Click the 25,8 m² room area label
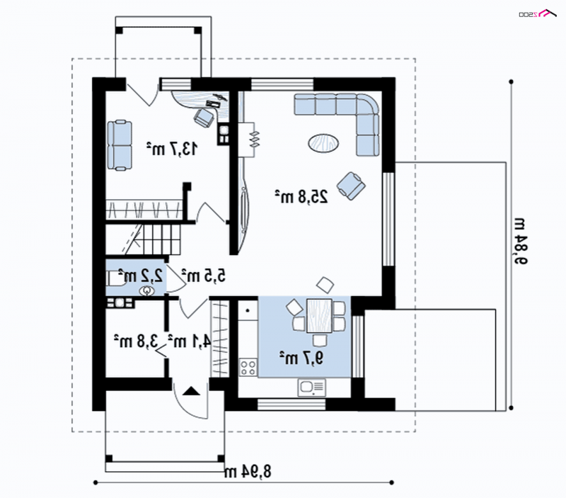tap(302, 197)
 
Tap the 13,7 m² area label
tap(172, 149)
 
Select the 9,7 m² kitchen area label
tap(301, 358)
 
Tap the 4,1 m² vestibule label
tap(189, 341)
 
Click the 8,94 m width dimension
tap(247, 471)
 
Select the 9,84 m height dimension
tap(520, 241)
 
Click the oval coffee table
tap(323, 143)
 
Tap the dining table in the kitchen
tap(320, 315)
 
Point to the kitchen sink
tap(311, 387)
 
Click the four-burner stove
tap(248, 367)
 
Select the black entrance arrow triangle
tap(190, 391)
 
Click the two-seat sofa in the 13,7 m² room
tap(120, 145)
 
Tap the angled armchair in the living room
tap(351, 186)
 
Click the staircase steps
tap(143, 239)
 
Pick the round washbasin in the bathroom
tap(147, 290)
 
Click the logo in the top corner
tap(538, 13)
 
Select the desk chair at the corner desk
tap(204, 117)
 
